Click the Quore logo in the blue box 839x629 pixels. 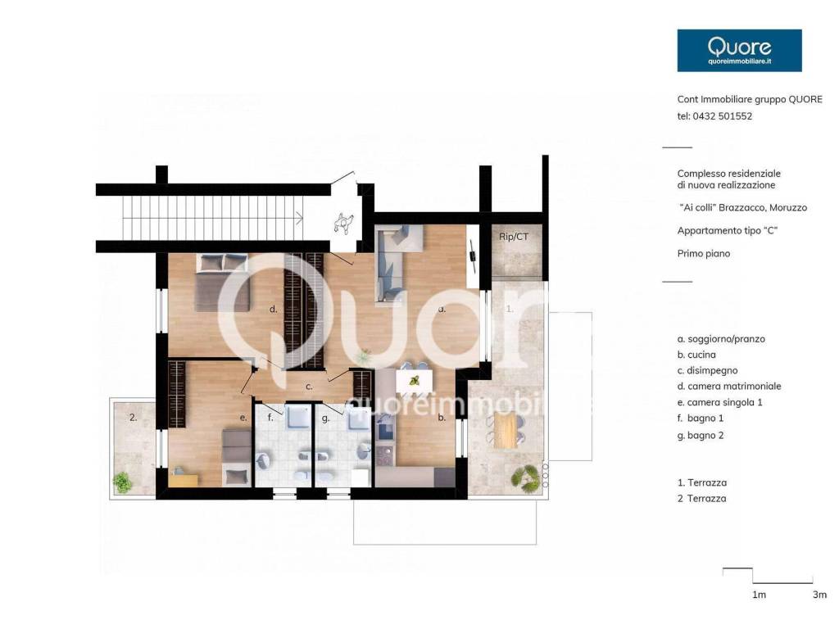(739, 50)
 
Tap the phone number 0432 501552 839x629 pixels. (723, 116)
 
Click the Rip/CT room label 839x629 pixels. (513, 237)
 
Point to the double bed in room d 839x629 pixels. (222, 283)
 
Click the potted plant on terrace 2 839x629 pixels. (123, 482)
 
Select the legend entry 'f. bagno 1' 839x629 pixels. (701, 419)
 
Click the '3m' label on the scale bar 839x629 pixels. (819, 595)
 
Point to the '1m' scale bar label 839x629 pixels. (759, 595)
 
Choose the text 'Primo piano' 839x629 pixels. (704, 254)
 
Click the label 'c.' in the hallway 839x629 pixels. (309, 387)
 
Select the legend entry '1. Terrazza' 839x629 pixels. (701, 482)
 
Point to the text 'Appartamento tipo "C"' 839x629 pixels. (728, 230)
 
